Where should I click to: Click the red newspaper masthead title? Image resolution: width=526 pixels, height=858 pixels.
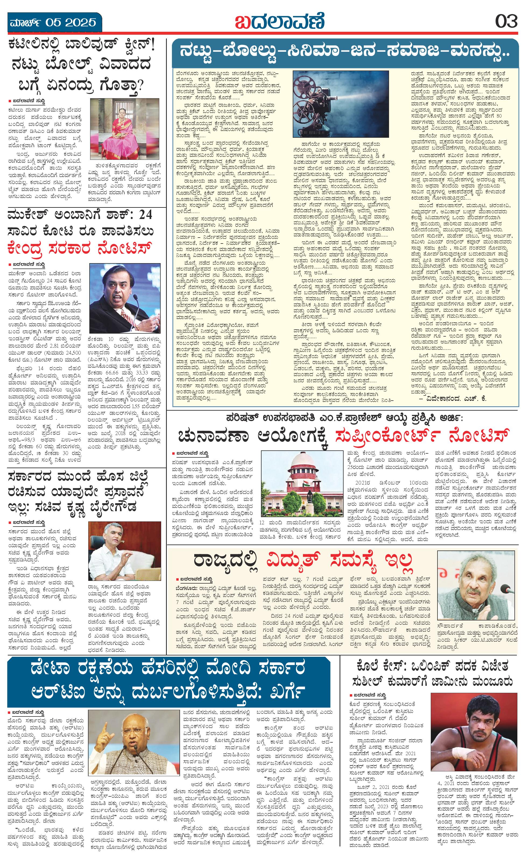coord(279,22)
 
